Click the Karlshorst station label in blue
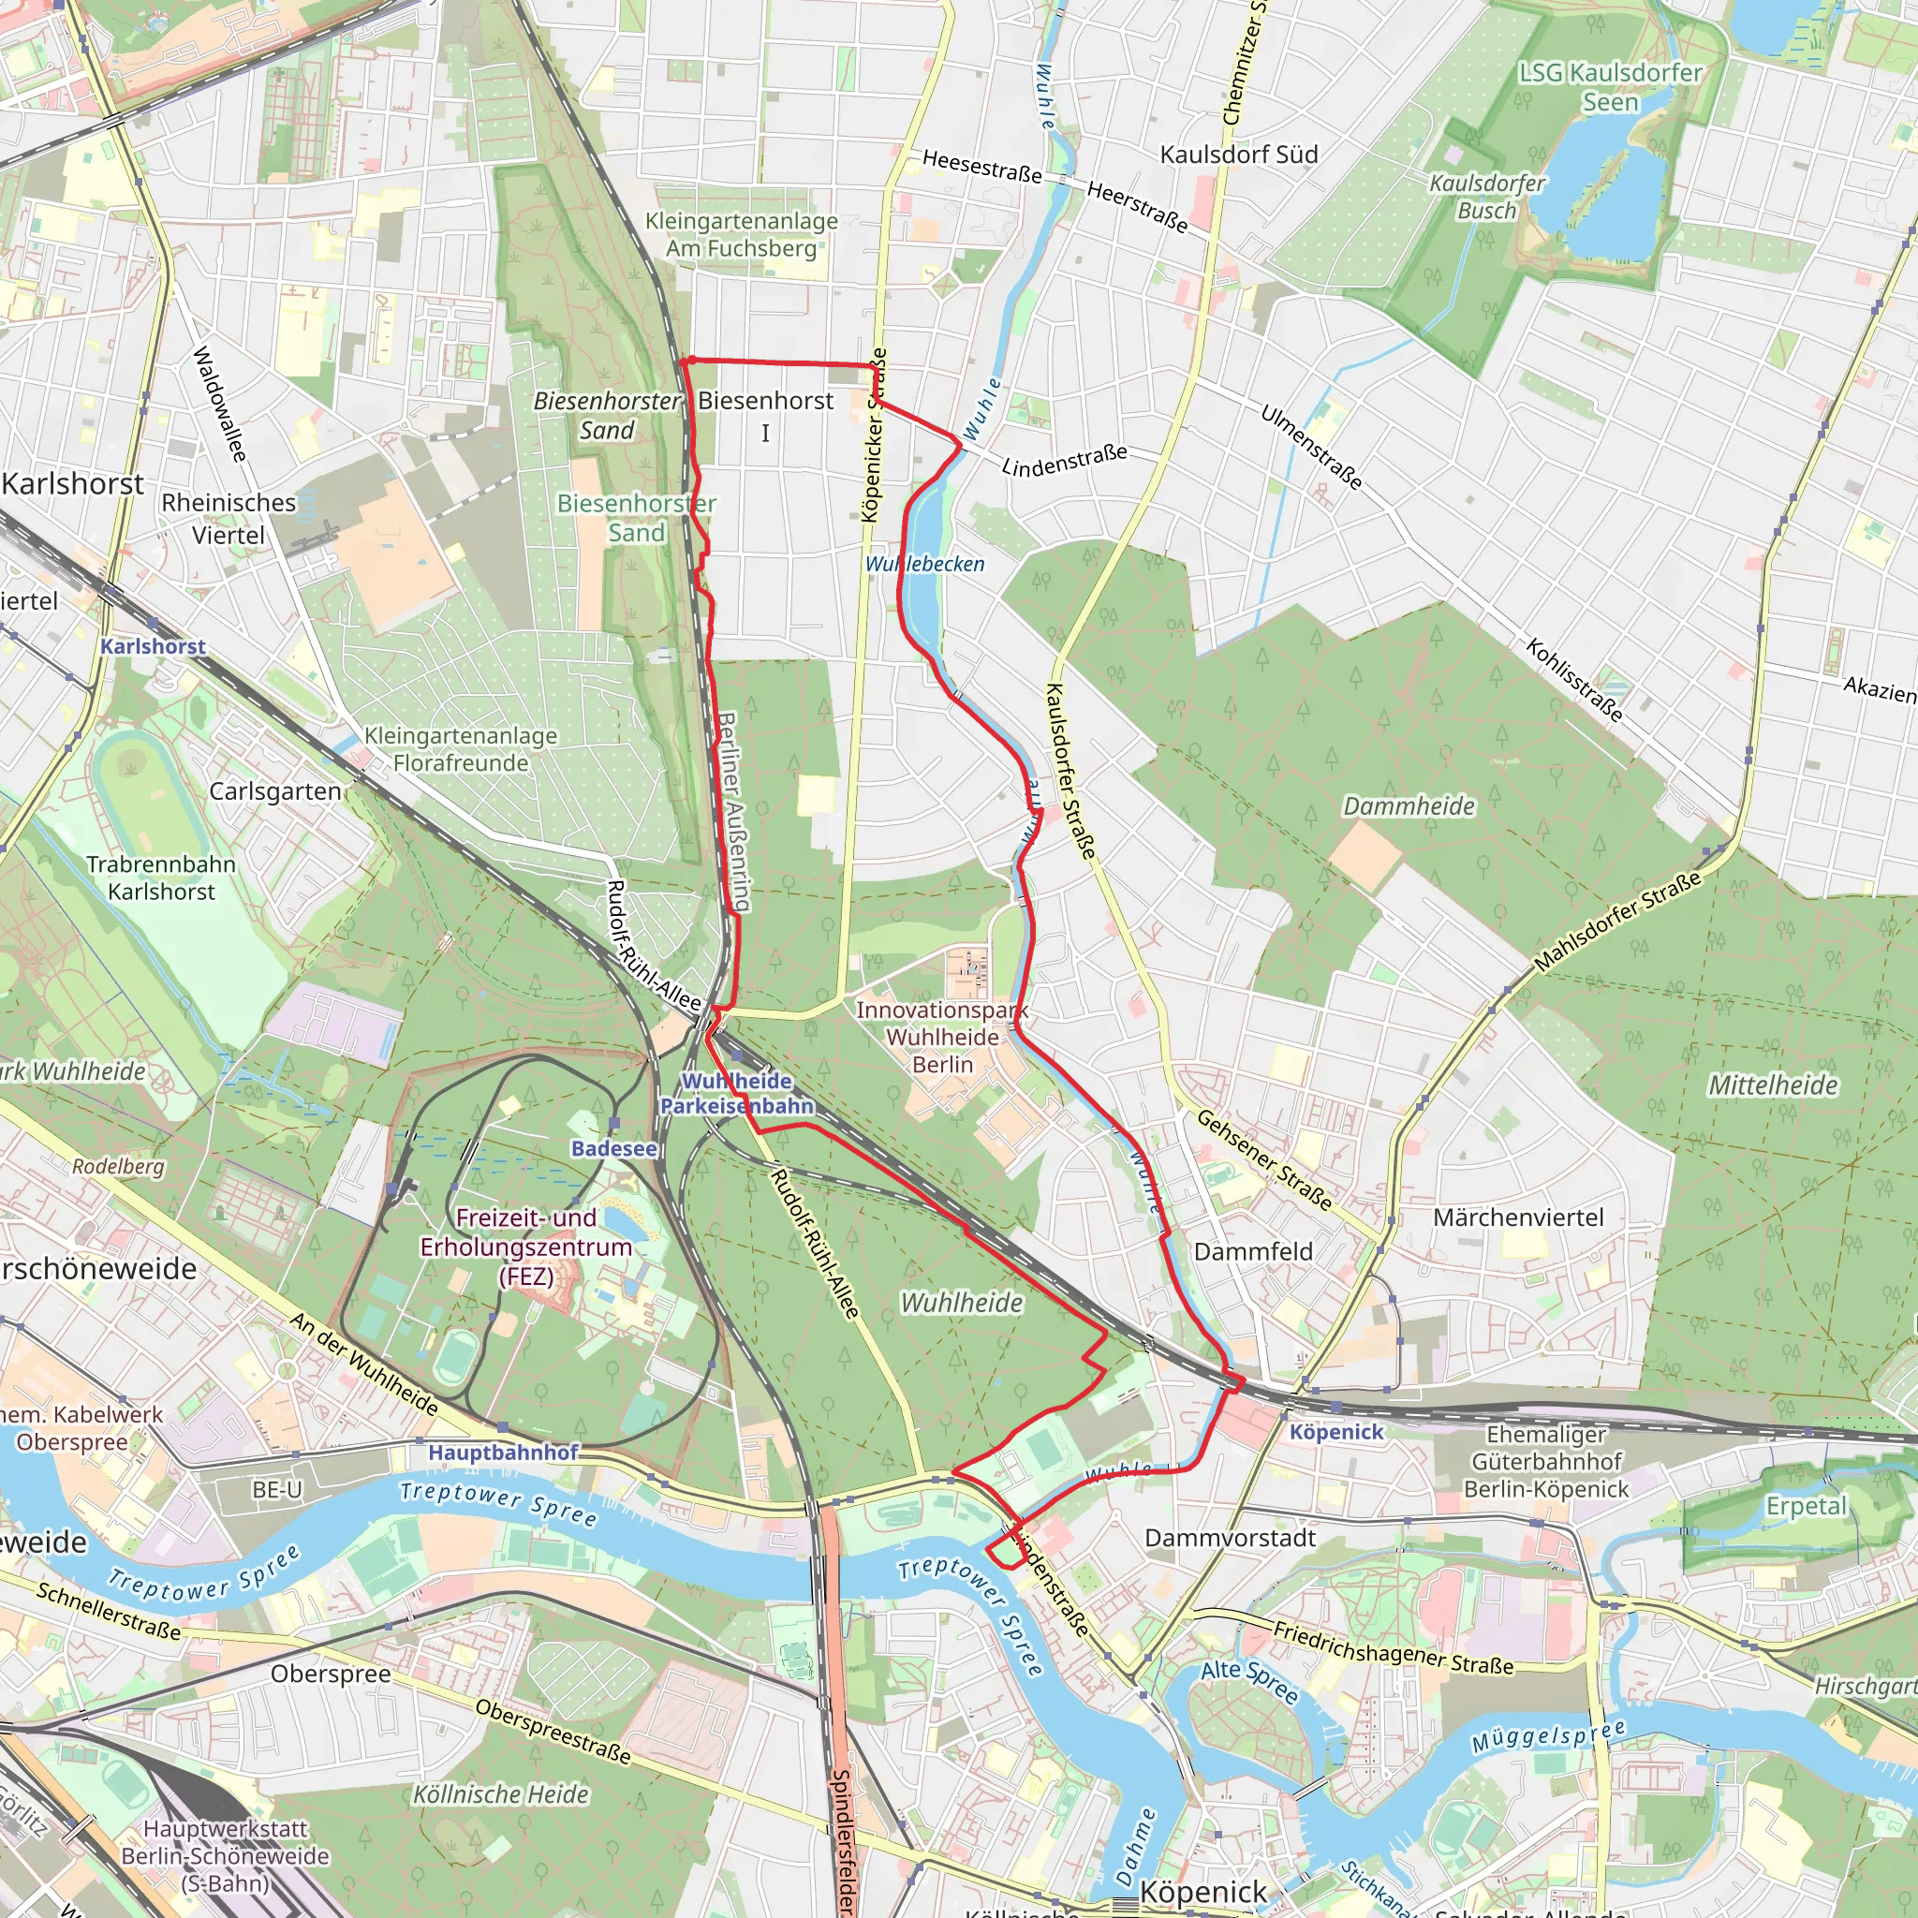[x=153, y=646]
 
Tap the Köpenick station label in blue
[x=1335, y=1432]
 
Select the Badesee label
[x=613, y=1148]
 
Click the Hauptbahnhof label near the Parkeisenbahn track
[x=502, y=1453]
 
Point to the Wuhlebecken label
[x=924, y=564]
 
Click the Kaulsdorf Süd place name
[x=1239, y=155]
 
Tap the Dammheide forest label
[x=1409, y=806]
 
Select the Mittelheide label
[x=1772, y=1085]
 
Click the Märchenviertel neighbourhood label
[x=1518, y=1218]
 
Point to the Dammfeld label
[x=1253, y=1252]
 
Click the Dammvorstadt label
[x=1230, y=1538]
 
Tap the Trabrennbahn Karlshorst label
[x=161, y=878]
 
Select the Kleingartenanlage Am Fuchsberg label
[x=742, y=234]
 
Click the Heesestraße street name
[x=981, y=167]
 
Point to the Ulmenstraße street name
[x=1310, y=447]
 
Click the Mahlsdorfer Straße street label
[x=1617, y=922]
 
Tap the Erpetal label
[x=1806, y=1506]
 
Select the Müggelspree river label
[x=1549, y=1736]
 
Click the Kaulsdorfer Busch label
[x=1486, y=197]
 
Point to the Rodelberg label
[x=118, y=1167]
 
